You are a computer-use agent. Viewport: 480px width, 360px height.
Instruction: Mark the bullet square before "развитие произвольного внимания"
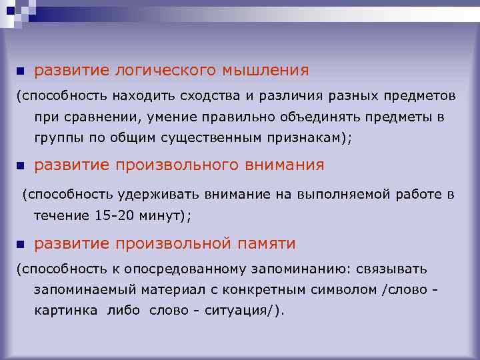click(x=20, y=165)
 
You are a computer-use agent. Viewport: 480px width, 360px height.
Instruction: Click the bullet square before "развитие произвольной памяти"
click(x=20, y=244)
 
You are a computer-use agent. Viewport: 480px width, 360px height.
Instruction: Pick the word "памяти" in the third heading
click(x=266, y=244)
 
